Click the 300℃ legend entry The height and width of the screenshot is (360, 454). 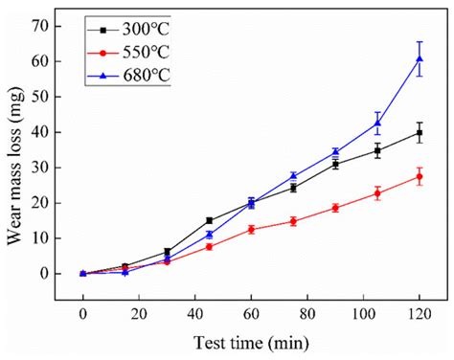pyautogui.click(x=126, y=28)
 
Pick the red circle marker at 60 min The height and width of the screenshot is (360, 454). pyautogui.click(x=251, y=229)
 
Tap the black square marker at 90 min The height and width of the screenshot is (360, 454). pyautogui.click(x=335, y=164)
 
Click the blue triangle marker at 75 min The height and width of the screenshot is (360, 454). pyautogui.click(x=293, y=176)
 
